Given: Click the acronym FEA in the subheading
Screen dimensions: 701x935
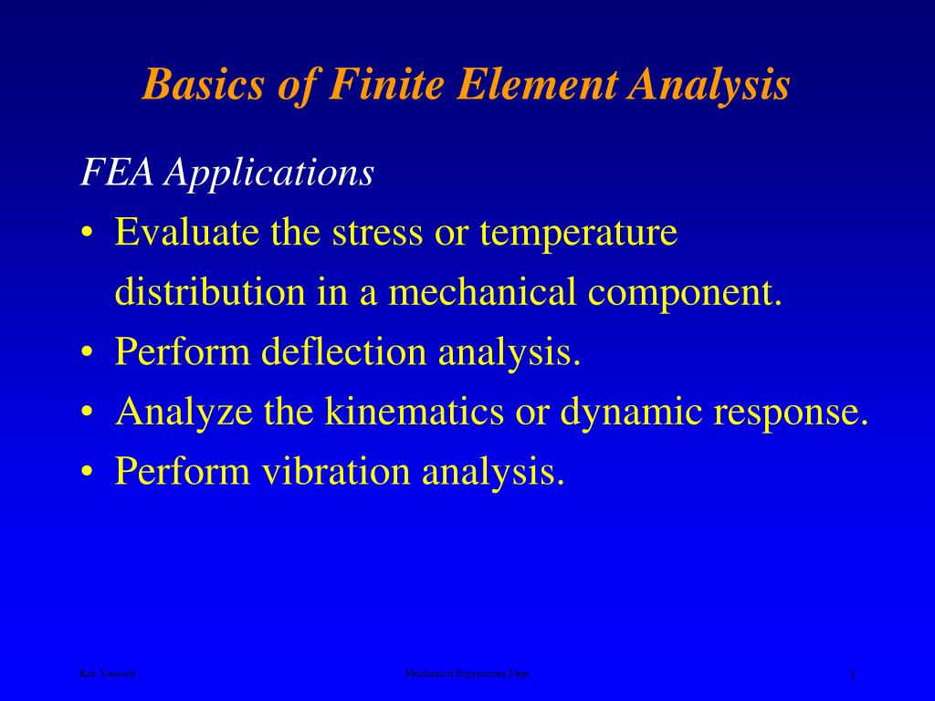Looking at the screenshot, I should click(x=116, y=172).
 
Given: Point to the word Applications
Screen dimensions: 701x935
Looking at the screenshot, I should click(x=269, y=173).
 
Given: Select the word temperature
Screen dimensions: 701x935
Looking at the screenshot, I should click(x=579, y=235).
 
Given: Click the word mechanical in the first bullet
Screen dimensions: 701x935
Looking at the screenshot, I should click(x=483, y=292).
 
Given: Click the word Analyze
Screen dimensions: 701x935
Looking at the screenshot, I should click(x=184, y=413).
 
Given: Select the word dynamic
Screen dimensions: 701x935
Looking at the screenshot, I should click(x=632, y=413).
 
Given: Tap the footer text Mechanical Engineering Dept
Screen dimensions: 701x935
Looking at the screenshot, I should click(x=467, y=674).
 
